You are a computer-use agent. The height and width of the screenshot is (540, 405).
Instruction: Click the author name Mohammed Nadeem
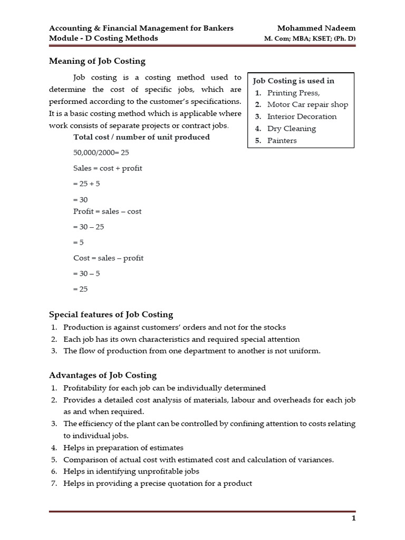pyautogui.click(x=316, y=27)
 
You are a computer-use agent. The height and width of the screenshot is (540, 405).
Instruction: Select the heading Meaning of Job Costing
pyautogui.click(x=97, y=61)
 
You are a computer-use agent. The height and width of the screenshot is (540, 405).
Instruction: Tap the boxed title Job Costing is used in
pyautogui.click(x=294, y=81)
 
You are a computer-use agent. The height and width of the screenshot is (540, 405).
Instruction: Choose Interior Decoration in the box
pyautogui.click(x=302, y=117)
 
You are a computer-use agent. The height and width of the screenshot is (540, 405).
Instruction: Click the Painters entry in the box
pyautogui.click(x=282, y=141)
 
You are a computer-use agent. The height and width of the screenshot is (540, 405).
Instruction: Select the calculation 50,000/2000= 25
pyautogui.click(x=101, y=152)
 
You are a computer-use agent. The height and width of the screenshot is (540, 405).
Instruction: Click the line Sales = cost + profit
pyautogui.click(x=108, y=168)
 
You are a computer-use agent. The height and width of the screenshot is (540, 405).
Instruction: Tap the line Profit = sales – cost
pyautogui.click(x=107, y=211)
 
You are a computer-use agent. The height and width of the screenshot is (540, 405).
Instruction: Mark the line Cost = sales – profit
pyautogui.click(x=108, y=258)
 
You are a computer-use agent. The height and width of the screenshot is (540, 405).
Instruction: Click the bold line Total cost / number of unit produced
pyautogui.click(x=141, y=137)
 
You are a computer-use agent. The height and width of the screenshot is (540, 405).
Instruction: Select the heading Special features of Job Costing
pyautogui.click(x=111, y=314)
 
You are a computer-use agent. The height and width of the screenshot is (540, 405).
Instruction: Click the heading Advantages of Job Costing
pyautogui.click(x=103, y=375)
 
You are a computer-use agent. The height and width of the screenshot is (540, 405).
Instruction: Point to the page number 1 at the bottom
pyautogui.click(x=353, y=518)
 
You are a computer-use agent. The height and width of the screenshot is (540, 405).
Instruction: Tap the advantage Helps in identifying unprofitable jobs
pyautogui.click(x=131, y=471)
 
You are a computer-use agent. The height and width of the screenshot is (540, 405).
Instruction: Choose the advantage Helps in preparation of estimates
pyautogui.click(x=123, y=447)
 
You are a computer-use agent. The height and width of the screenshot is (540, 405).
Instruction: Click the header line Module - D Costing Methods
pyautogui.click(x=103, y=38)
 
